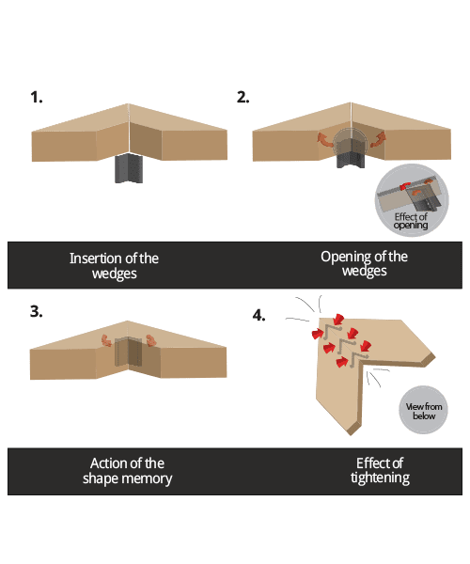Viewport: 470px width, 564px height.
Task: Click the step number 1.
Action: [36, 97]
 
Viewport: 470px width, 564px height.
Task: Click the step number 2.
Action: [243, 97]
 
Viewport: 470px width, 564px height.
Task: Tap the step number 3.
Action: [36, 312]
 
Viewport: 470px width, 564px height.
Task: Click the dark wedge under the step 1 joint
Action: [126, 168]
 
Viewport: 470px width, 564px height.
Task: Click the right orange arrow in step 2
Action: [378, 140]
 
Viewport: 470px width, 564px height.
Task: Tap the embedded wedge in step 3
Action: [127, 352]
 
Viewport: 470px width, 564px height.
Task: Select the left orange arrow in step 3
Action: [106, 342]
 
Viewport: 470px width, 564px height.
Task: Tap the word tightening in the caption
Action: [380, 478]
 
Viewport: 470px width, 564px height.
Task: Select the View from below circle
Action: [423, 410]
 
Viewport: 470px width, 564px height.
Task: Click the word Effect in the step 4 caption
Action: [369, 462]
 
